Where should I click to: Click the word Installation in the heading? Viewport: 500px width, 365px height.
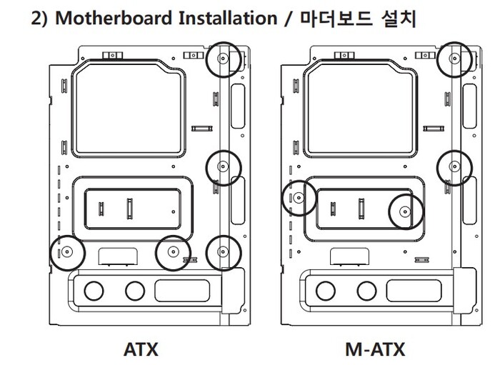click(x=228, y=18)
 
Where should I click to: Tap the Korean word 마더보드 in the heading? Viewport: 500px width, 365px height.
click(x=336, y=19)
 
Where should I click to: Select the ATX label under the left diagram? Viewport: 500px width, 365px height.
click(x=141, y=349)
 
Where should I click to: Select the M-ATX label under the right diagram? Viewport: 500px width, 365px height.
click(x=375, y=349)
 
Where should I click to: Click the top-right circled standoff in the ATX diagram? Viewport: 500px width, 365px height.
click(x=223, y=59)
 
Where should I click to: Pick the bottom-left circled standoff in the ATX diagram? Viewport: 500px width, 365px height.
click(x=67, y=252)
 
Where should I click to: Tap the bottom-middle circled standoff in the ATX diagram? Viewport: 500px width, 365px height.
click(x=173, y=252)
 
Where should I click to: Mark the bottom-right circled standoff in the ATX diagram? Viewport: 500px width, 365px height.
click(x=223, y=252)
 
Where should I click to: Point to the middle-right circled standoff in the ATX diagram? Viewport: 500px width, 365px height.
click(x=223, y=167)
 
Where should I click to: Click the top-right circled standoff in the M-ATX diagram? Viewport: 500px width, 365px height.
click(x=454, y=59)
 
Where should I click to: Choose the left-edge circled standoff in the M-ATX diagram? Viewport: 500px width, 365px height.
click(x=299, y=198)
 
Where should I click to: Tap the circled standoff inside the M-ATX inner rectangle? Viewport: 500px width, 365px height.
click(x=406, y=211)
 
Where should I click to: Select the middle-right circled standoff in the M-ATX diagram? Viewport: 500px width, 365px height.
click(x=454, y=167)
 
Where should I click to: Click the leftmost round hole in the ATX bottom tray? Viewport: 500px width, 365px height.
click(x=94, y=291)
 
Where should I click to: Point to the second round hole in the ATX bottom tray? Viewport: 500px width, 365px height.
click(x=135, y=291)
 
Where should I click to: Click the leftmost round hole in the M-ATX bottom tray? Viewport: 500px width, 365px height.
click(x=326, y=291)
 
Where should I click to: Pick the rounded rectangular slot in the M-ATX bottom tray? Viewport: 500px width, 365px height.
click(x=414, y=291)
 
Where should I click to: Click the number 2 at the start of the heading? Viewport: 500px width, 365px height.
click(x=36, y=18)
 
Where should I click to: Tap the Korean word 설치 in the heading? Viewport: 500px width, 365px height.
click(x=399, y=19)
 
